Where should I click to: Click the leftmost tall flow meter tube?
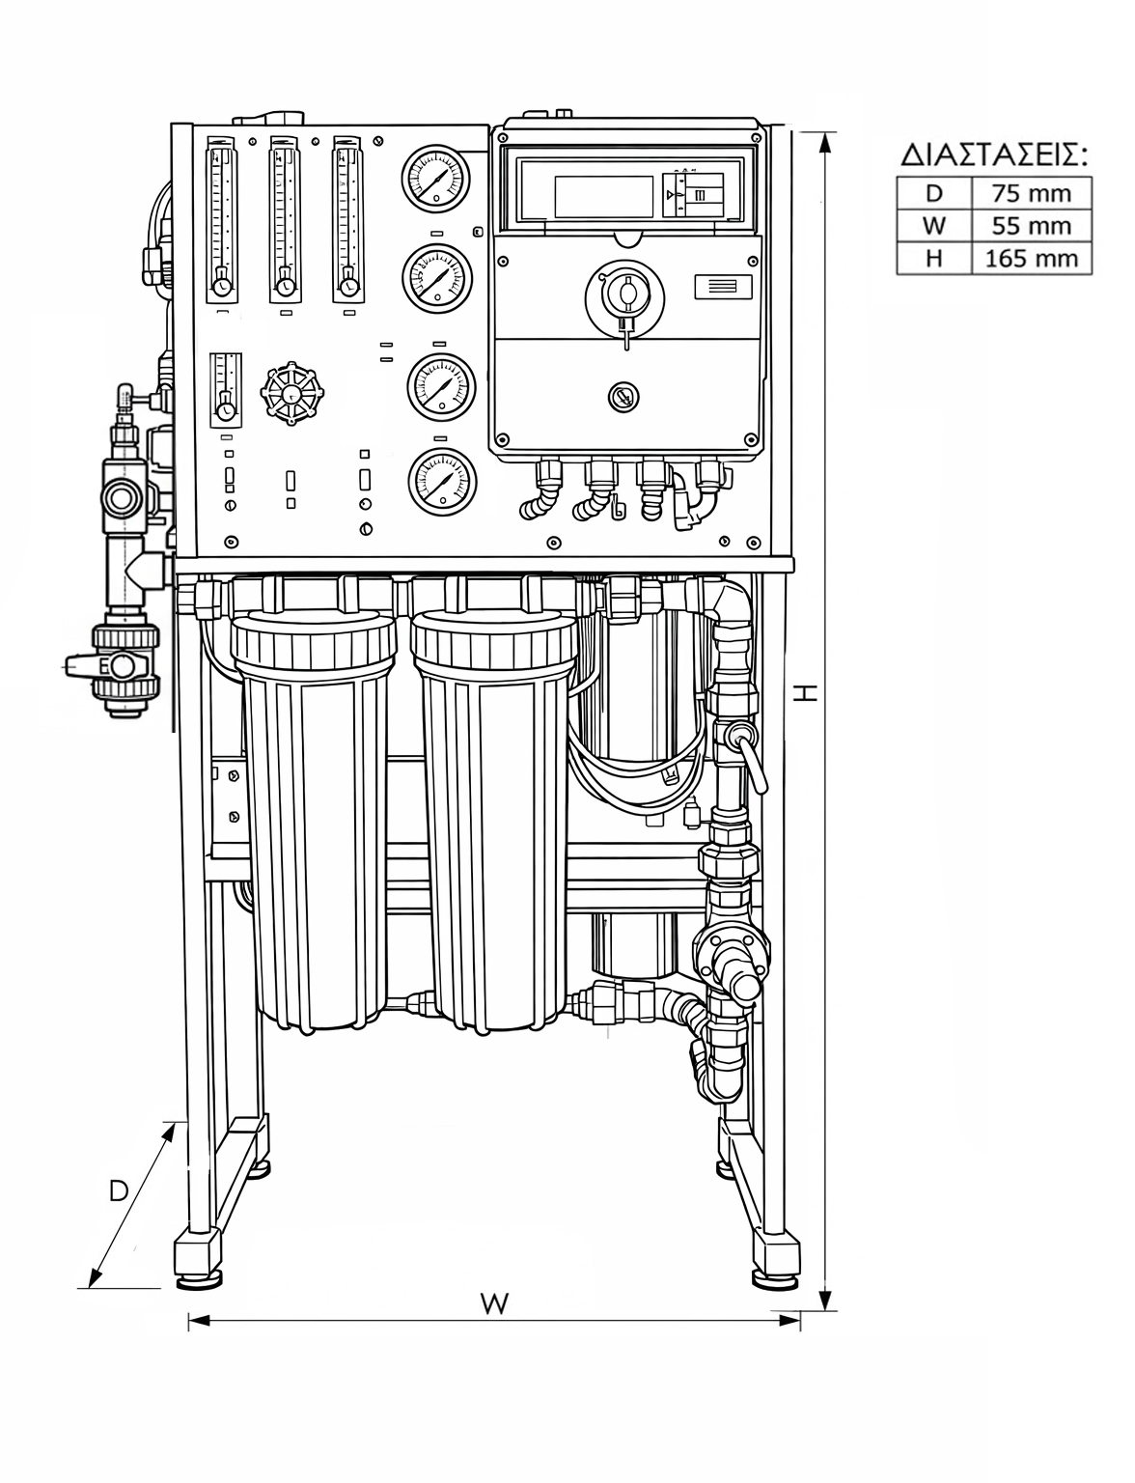click(222, 219)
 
